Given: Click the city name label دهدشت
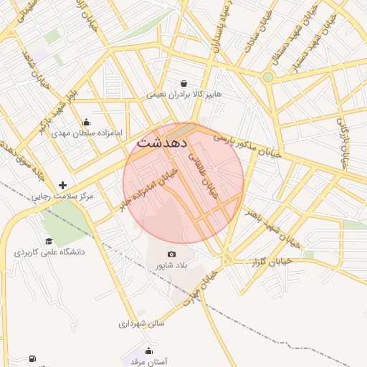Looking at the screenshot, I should (161, 143).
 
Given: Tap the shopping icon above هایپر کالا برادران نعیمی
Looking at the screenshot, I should (184, 83).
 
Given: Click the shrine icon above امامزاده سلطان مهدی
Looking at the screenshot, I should (87, 122).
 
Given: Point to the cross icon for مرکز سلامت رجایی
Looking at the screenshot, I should (62, 185).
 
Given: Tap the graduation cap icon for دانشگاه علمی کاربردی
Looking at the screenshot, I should (49, 242).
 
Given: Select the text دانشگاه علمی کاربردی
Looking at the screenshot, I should (49, 252).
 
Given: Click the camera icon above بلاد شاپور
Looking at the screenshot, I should (171, 254).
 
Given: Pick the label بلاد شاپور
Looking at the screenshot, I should (172, 265).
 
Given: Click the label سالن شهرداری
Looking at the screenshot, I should (142, 323).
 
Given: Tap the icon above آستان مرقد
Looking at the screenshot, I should (148, 351).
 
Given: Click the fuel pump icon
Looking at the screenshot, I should (32, 358).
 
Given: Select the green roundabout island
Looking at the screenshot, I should (268, 77).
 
